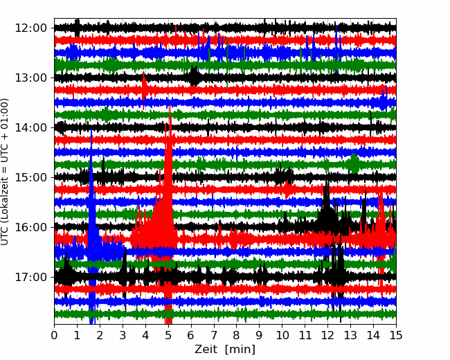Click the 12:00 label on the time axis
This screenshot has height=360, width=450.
[30, 28]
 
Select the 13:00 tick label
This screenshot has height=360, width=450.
[30, 78]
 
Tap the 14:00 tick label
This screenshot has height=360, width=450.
[30, 127]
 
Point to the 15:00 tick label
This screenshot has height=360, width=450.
[30, 177]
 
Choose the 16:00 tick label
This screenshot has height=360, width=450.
[30, 227]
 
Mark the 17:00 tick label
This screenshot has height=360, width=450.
[30, 277]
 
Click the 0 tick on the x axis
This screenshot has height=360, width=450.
[54, 335]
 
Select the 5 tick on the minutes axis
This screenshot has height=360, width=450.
[168, 335]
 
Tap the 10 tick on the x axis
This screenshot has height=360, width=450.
[282, 335]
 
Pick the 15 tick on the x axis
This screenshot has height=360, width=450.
[396, 335]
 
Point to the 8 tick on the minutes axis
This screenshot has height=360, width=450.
[237, 335]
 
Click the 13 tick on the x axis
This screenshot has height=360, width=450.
[350, 335]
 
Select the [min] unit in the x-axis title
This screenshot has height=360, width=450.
[240, 350]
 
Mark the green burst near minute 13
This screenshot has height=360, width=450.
[354, 163]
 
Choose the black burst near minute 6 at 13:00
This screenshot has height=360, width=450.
[195, 76]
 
